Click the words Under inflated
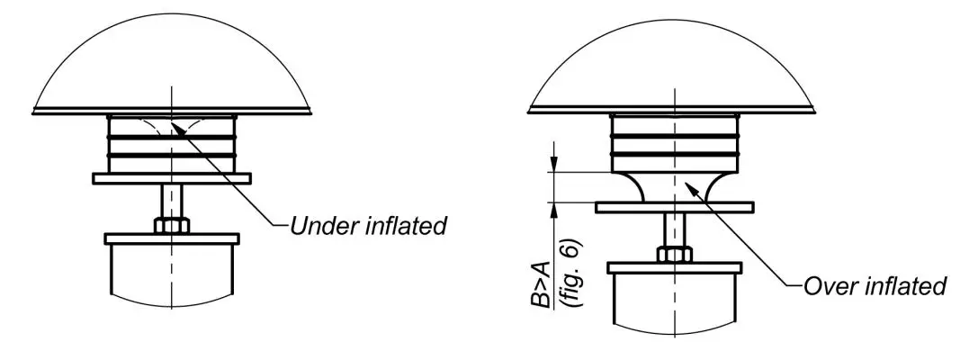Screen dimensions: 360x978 (368, 225)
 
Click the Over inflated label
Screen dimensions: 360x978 (874, 286)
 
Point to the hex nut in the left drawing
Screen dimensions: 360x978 (171, 225)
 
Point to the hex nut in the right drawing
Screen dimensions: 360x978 (672, 255)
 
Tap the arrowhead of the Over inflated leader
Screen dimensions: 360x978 (688, 184)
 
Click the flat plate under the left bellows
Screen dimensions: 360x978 (171, 178)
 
